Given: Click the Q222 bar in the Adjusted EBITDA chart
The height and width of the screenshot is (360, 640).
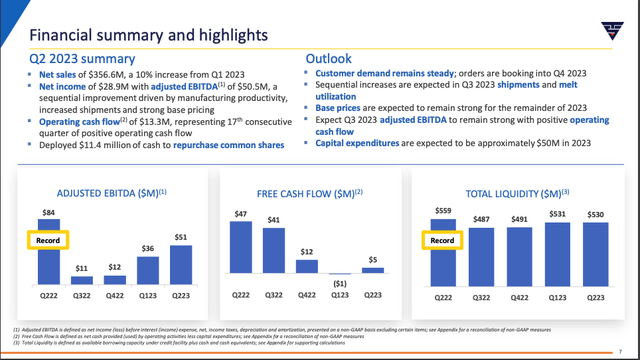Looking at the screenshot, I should pos(48,252).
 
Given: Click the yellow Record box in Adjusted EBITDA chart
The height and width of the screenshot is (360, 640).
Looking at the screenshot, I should pos(48,240).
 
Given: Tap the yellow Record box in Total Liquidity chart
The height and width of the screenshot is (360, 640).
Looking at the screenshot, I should pos(441,240).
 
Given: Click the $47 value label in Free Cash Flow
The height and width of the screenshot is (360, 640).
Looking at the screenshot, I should pos(240,214).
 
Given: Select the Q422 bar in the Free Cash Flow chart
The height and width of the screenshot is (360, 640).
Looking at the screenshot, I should pos(308,267).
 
